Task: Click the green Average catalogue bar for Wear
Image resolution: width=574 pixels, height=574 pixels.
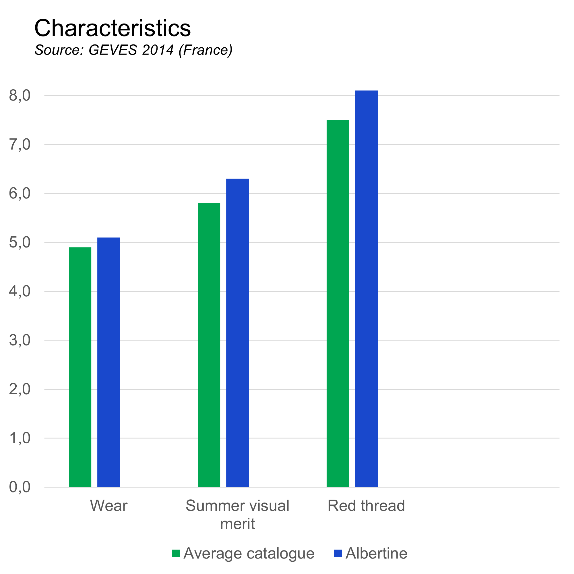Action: (80, 367)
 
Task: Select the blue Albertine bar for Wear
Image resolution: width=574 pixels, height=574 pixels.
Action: (109, 362)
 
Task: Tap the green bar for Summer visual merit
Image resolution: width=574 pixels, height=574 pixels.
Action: (209, 345)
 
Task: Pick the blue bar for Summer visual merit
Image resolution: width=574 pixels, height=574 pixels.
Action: (237, 333)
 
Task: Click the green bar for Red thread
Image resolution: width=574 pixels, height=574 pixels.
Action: (338, 304)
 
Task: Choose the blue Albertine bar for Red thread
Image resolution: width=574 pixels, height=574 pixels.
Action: (366, 289)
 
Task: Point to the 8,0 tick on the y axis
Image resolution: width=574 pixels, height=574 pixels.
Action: (20, 96)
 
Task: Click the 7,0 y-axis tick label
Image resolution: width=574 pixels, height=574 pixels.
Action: (20, 145)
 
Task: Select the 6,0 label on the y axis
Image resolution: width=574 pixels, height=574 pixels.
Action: (20, 194)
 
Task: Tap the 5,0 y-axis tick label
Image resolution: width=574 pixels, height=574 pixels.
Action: (20, 243)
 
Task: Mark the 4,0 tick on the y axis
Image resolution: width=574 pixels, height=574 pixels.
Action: (20, 291)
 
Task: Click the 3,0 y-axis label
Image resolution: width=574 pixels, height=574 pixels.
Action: (20, 340)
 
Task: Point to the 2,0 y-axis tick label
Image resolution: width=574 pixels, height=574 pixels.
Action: (20, 389)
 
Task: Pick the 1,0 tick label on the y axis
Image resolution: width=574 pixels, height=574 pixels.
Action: (20, 438)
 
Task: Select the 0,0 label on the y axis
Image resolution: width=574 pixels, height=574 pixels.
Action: (20, 487)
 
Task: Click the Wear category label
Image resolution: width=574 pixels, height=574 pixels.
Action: (109, 506)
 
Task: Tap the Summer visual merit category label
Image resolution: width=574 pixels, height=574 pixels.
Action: (237, 514)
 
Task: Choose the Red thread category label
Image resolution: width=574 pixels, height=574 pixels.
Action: (366, 506)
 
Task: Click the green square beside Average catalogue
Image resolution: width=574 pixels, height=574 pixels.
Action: (176, 554)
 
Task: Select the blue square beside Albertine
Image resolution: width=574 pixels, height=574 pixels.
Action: (338, 554)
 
